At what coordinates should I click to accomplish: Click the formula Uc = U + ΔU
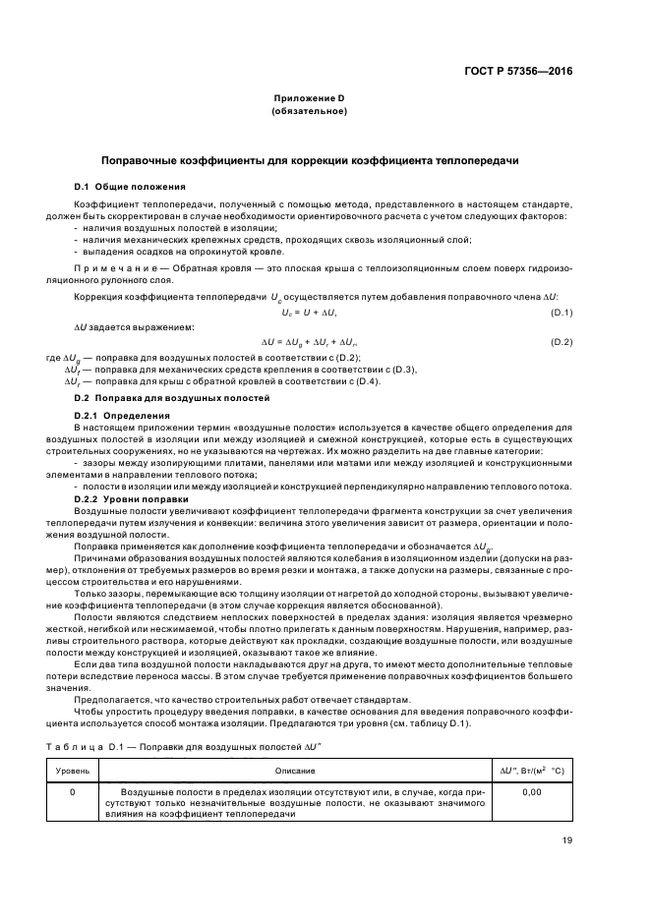pos(309,312)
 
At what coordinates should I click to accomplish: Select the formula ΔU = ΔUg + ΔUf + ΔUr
pos(309,341)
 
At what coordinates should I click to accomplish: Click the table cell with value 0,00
pos(532,789)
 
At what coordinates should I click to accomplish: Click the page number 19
pos(567,839)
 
